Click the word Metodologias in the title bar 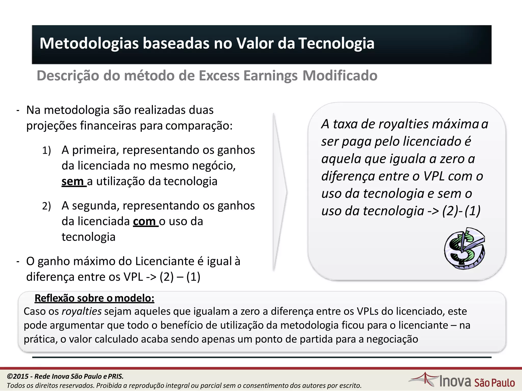tap(89, 44)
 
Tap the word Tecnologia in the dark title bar tap(336, 43)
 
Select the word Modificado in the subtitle tap(340, 76)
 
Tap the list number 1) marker tap(46, 150)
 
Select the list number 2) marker tap(46, 206)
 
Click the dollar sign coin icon tap(464, 248)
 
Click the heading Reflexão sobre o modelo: tap(94, 298)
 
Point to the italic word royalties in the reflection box tap(82, 311)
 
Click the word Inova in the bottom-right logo tap(455, 381)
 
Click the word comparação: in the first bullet tap(199, 126)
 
